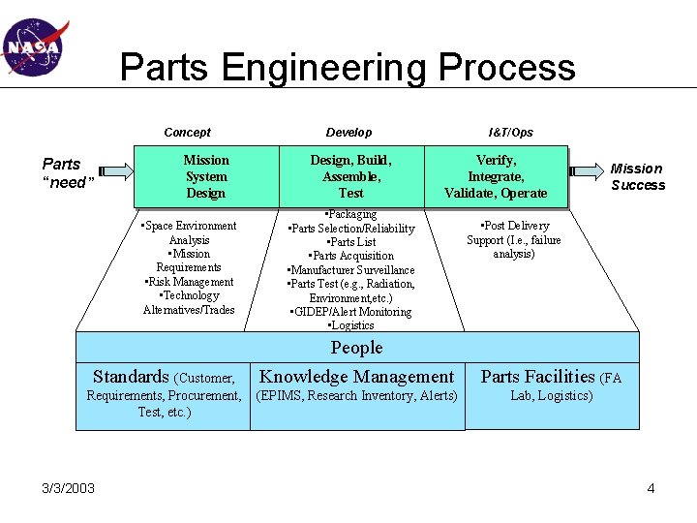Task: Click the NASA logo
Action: pos(32,46)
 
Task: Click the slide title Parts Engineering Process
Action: pos(348,68)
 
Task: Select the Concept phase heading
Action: pos(187,132)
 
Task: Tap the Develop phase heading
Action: pos(348,132)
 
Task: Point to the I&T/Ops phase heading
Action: pos(510,132)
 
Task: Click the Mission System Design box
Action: pos(206,176)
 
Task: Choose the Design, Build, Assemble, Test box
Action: pos(351,176)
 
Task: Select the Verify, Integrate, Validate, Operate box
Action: pos(496,176)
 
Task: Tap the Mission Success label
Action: pos(637,176)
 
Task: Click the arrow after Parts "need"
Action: pos(114,171)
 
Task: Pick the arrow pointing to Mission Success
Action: pos(586,171)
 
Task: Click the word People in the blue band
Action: pos(356,348)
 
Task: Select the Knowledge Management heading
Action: pos(357,377)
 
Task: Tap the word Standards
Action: pos(131,377)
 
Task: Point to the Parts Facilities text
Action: pos(538,377)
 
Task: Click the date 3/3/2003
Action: pos(69,487)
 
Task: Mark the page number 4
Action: pos(651,487)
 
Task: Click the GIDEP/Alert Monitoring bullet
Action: pos(350,312)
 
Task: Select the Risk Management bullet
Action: pos(189,282)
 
